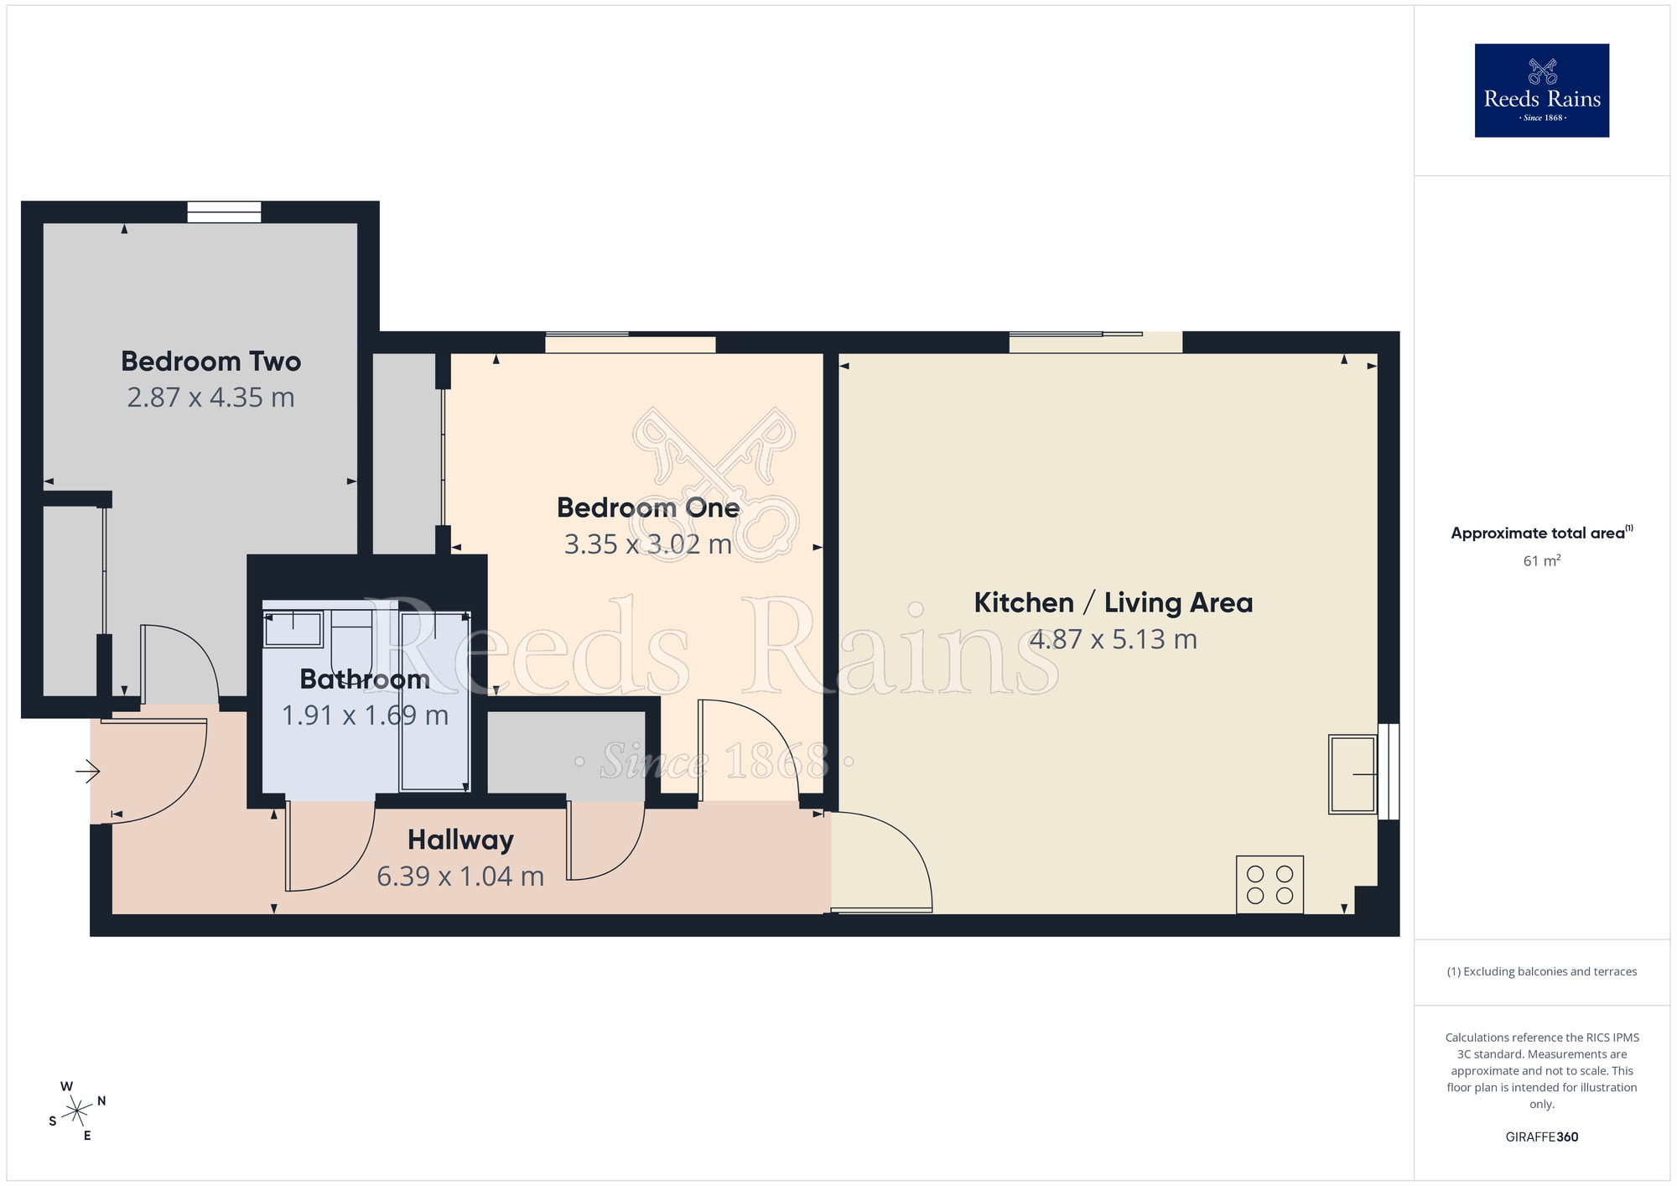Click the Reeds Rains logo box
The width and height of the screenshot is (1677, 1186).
point(1541,91)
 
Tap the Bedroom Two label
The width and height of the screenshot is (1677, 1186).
point(210,362)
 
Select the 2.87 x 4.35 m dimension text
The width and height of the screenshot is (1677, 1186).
point(210,398)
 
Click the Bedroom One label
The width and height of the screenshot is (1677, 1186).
point(647,507)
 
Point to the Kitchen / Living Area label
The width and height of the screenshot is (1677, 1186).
point(1113,602)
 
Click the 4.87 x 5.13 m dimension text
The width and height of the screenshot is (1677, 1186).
point(1113,639)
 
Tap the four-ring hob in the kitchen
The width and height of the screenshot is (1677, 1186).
point(1269,884)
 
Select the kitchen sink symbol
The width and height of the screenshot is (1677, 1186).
point(1352,774)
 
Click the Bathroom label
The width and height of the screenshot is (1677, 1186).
point(365,679)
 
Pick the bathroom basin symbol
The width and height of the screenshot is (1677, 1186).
point(293,628)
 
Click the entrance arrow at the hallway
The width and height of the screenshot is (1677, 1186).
point(88,770)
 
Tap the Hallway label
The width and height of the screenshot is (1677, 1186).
point(460,840)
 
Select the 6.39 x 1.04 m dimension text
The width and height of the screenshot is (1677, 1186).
point(460,876)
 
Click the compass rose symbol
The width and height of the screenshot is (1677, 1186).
point(77,1111)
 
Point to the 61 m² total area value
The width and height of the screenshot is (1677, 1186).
point(1541,560)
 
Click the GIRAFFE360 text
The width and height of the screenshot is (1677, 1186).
point(1541,1137)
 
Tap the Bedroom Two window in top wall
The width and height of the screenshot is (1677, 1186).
point(224,212)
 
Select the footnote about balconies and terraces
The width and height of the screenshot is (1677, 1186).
point(1541,971)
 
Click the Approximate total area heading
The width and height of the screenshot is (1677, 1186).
point(1541,533)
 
